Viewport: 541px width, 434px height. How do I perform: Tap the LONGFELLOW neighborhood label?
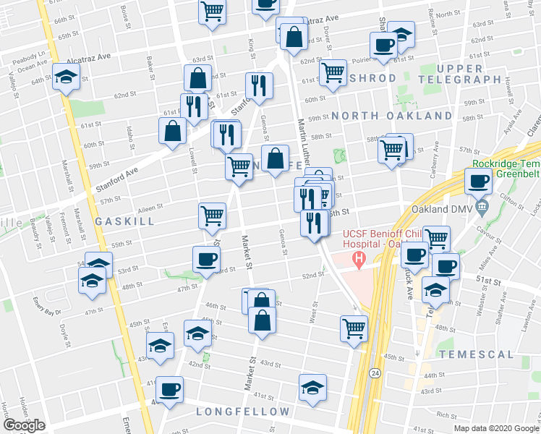tap(234, 412)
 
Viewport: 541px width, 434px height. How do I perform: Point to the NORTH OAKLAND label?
tap(392, 116)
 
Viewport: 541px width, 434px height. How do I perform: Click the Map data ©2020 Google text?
tap(496, 428)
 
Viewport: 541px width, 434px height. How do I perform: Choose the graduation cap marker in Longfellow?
tap(312, 388)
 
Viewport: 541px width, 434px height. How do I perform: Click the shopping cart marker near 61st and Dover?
tap(332, 72)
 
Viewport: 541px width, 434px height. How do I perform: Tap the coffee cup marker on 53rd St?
tap(206, 259)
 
